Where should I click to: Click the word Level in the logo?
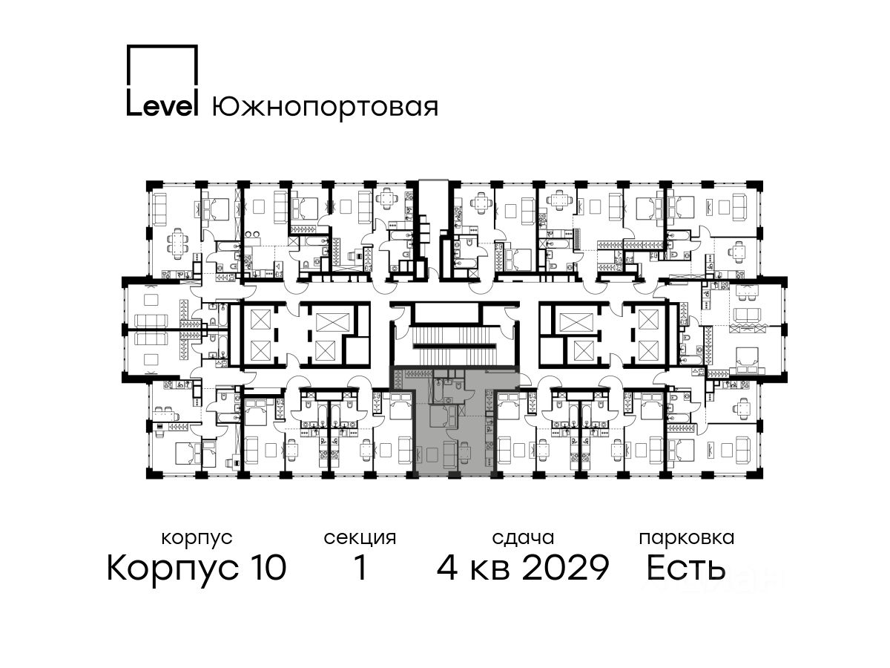click(x=162, y=106)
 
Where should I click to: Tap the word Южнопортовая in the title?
click(x=325, y=108)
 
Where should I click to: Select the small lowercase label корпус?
click(x=197, y=539)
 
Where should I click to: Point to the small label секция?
click(x=360, y=539)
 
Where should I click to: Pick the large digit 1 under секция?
click(x=360, y=569)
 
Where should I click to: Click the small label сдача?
click(x=523, y=538)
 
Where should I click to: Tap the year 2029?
click(x=565, y=569)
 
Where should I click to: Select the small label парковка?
click(x=687, y=539)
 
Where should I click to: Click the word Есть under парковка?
click(x=685, y=569)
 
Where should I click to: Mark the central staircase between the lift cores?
click(x=455, y=346)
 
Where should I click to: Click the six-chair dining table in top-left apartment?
click(x=177, y=243)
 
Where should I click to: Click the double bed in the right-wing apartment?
click(x=745, y=359)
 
